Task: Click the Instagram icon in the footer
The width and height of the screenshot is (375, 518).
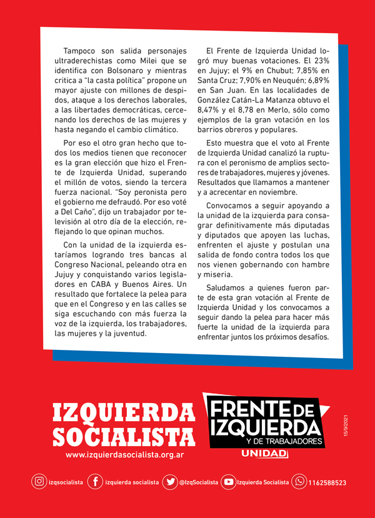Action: click(x=39, y=482)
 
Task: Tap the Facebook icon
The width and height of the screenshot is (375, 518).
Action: click(x=95, y=482)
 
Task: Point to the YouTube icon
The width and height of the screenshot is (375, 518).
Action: click(x=229, y=482)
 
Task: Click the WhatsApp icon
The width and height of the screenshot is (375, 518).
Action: click(x=299, y=482)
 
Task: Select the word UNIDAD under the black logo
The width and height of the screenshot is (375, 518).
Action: click(x=264, y=454)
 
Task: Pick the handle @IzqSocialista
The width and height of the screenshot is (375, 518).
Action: click(x=199, y=482)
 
